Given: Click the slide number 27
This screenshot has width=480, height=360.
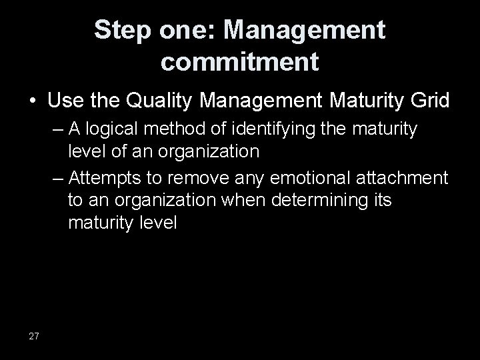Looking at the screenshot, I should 34,336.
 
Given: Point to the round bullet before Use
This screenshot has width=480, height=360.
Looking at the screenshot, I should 33,102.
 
